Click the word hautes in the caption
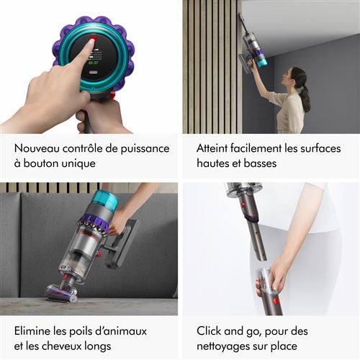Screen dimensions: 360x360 tap(215, 164)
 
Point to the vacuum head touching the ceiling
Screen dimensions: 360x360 tap(243, 18)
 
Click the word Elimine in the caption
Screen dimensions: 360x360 tap(35, 330)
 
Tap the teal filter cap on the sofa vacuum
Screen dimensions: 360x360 tap(105, 201)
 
